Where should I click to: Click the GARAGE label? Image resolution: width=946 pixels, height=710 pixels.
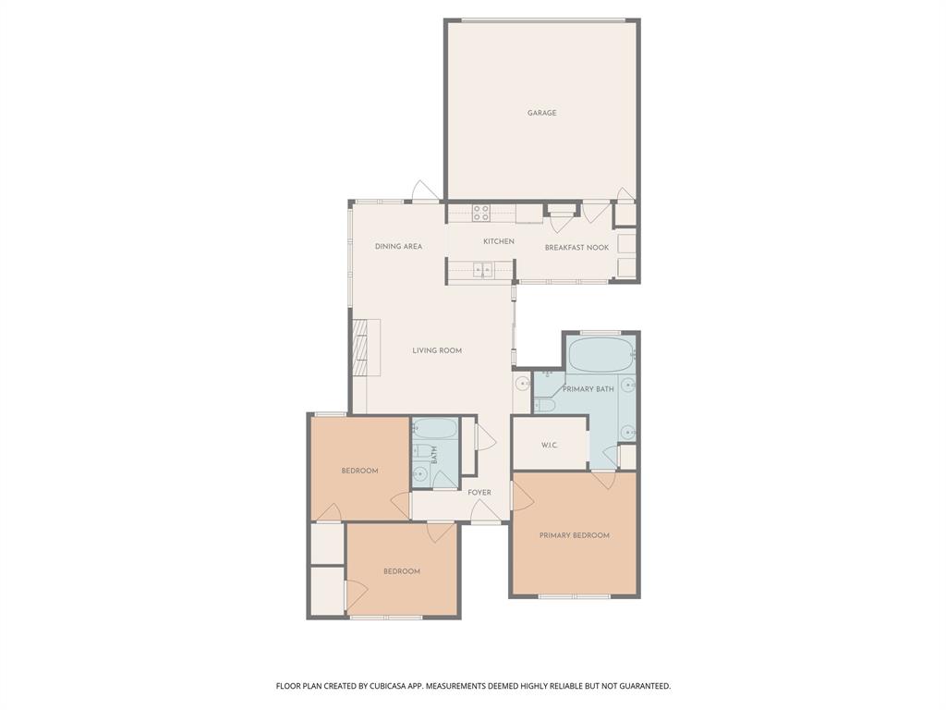[541, 113]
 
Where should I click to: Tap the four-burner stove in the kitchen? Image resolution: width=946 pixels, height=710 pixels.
[481, 214]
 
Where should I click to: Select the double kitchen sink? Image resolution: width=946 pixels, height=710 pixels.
[481, 270]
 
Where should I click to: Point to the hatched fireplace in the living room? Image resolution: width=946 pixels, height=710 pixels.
[366, 348]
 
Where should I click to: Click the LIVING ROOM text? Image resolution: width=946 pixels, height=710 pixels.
[437, 350]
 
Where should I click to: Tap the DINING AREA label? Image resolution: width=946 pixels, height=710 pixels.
[398, 247]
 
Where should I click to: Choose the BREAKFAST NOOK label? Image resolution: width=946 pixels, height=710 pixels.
[576, 248]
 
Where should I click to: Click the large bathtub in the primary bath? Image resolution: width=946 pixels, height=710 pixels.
[600, 355]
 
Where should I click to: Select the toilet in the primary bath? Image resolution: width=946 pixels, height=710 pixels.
[545, 404]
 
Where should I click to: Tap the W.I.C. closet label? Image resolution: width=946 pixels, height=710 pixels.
[549, 446]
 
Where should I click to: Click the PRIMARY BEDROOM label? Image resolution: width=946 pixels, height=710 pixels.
[574, 535]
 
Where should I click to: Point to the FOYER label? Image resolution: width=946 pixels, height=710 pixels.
[479, 493]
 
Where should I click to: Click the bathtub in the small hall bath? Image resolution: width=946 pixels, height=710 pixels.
[434, 429]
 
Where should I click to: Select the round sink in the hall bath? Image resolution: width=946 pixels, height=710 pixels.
[420, 474]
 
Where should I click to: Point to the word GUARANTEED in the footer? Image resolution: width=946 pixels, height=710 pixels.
[639, 686]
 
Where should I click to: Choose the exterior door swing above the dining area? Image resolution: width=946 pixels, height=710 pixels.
[425, 192]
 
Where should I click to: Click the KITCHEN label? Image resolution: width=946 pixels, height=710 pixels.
[498, 241]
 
